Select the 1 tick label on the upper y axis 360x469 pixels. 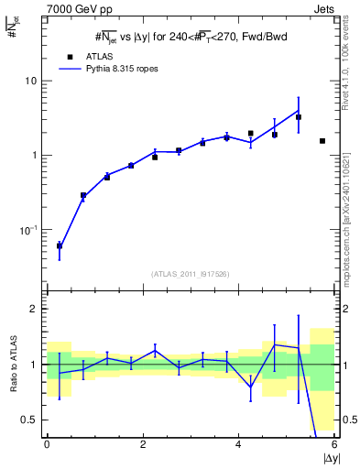click(x=37, y=156)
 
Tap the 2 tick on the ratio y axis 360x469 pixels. click(x=37, y=309)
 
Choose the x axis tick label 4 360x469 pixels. click(x=239, y=445)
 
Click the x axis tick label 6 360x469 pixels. click(x=334, y=445)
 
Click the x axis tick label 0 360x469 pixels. click(x=47, y=445)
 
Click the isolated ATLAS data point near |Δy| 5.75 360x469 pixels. click(x=322, y=141)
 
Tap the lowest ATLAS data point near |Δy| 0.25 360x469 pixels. click(x=60, y=245)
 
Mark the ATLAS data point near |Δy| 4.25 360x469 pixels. click(x=250, y=134)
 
